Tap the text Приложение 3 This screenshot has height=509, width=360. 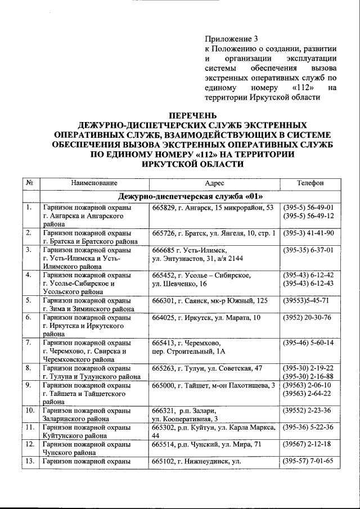pos(231,39)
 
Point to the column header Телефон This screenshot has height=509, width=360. pos(310,183)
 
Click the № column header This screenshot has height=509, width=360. pos(29,183)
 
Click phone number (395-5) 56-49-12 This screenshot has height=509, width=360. pos(309,216)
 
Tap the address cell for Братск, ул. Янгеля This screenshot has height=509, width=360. pos(214,233)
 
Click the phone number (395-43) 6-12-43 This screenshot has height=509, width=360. pos(309,283)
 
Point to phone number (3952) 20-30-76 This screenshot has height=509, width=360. pos(308,317)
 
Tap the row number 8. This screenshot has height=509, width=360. pos(28,368)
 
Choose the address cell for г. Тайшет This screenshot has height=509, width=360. pos(214,385)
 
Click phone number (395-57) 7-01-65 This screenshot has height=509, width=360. pos(309,461)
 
